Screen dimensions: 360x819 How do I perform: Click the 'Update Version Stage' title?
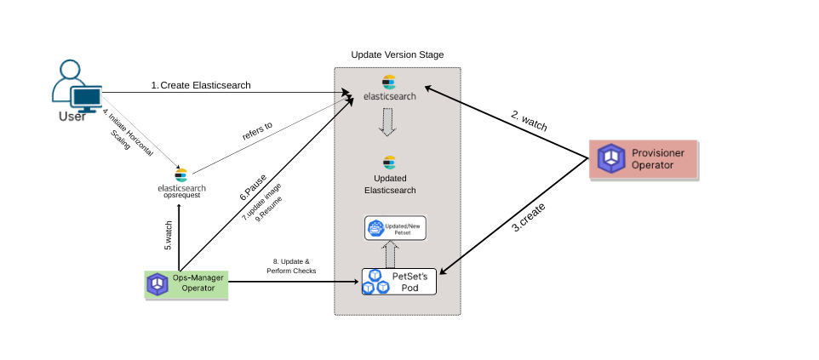[x=398, y=54]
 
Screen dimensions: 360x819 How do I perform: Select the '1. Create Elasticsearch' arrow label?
[x=201, y=85]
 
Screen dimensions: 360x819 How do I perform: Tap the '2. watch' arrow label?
[x=529, y=120]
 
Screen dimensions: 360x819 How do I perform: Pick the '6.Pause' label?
[x=253, y=188]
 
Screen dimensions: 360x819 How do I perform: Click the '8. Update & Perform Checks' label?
[x=291, y=266]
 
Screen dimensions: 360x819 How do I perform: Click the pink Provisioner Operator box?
[x=644, y=158]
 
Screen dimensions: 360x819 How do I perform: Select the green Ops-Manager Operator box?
[x=186, y=283]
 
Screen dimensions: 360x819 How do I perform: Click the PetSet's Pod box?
[x=398, y=281]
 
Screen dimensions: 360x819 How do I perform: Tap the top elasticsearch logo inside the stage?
[x=390, y=87]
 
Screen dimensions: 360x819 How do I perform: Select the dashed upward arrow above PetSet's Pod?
[x=389, y=253]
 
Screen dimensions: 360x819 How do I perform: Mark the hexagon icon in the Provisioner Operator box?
[x=610, y=158]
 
